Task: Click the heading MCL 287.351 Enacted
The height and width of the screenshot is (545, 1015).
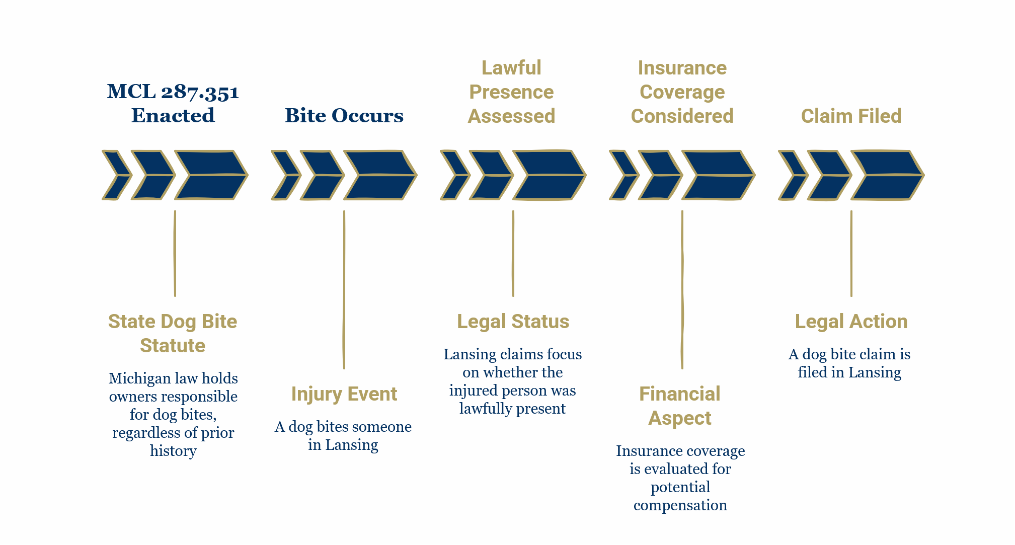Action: pos(173,103)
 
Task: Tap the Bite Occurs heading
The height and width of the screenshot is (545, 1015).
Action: pos(344,115)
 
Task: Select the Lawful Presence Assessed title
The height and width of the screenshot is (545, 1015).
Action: pos(511,92)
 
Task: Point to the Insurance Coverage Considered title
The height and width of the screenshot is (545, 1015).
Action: pos(682,92)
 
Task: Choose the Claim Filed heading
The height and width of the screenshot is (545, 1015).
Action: pos(851,116)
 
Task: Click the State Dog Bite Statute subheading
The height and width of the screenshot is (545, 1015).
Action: pos(173,333)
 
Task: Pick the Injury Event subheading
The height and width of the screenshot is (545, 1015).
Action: pos(344,394)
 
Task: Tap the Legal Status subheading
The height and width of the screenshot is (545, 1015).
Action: pos(513,321)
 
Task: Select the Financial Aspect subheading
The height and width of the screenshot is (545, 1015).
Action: pos(679,406)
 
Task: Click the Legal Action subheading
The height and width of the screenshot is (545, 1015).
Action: pos(851,321)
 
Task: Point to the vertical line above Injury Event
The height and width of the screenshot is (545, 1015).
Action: pos(344,289)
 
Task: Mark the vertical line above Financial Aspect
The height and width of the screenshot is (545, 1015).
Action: pos(682,289)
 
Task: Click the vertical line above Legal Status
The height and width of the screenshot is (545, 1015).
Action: pos(513,253)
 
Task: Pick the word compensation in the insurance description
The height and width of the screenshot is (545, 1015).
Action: pos(680,505)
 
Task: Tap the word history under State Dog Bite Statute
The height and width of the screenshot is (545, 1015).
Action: pos(173,451)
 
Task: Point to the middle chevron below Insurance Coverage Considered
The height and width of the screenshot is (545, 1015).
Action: pos(660,175)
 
